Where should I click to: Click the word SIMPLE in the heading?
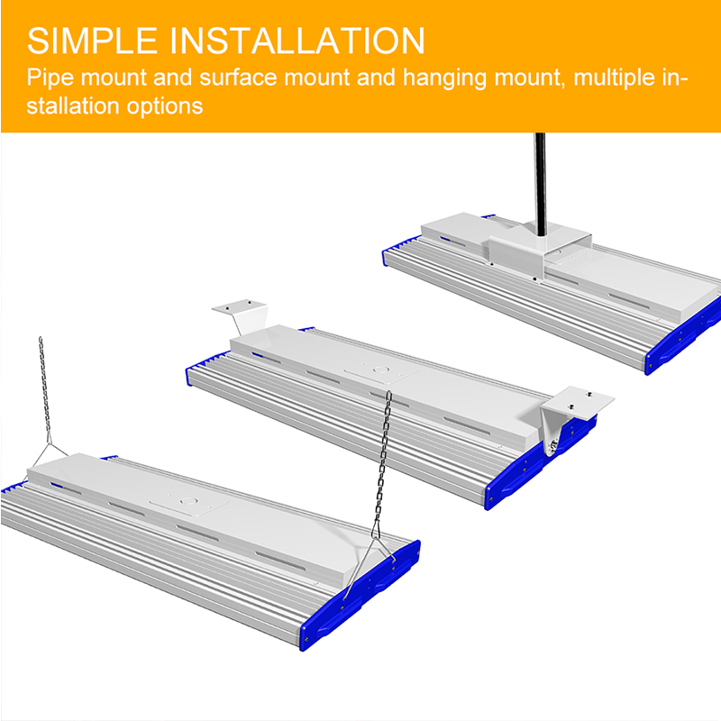[x=92, y=41]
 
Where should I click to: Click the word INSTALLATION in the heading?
[x=297, y=41]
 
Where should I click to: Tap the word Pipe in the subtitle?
[x=50, y=78]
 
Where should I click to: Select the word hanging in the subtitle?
[x=444, y=78]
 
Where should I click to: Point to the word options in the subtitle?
[x=165, y=106]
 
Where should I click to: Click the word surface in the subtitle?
[x=238, y=78]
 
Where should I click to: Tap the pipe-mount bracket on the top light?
[x=540, y=251]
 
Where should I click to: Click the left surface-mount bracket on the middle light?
[x=242, y=315]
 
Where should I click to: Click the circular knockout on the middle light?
[x=380, y=370]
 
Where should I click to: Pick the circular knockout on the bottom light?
[x=187, y=501]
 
